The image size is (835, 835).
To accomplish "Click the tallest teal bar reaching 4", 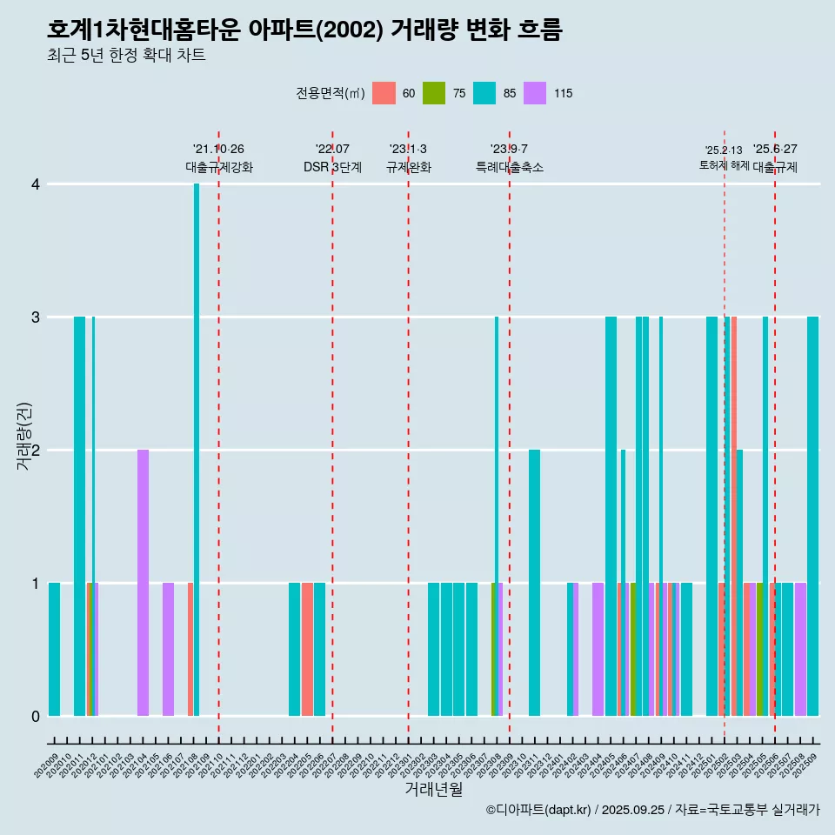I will pos(197,449).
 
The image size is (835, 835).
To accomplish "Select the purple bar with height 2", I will pos(143,583).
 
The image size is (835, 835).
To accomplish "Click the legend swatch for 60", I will pos(384,93).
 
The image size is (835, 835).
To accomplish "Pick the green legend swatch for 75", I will pos(434,93).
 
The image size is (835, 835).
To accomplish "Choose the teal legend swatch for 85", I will pos(484,93).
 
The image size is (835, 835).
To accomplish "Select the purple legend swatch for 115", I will pos(535,93).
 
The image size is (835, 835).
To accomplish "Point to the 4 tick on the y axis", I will pos(36,184).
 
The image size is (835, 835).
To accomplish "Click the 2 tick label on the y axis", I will pos(36,451).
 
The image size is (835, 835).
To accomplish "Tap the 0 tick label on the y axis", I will pos(36,717).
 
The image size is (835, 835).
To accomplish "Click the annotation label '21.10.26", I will pos(218,150).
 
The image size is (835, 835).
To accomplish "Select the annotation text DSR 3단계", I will pos(332,167).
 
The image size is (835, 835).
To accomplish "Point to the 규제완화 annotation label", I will pos(408,167).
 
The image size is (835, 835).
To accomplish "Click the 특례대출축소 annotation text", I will pos(509,167).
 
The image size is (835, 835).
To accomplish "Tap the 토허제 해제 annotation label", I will pos(724,165).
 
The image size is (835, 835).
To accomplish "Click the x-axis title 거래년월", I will pos(433,789).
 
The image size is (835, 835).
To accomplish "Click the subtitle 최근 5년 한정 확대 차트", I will pos(126,56).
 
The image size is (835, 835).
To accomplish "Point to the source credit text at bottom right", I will pos(652,810).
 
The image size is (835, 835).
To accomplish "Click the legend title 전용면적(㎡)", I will pos(330,94).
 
